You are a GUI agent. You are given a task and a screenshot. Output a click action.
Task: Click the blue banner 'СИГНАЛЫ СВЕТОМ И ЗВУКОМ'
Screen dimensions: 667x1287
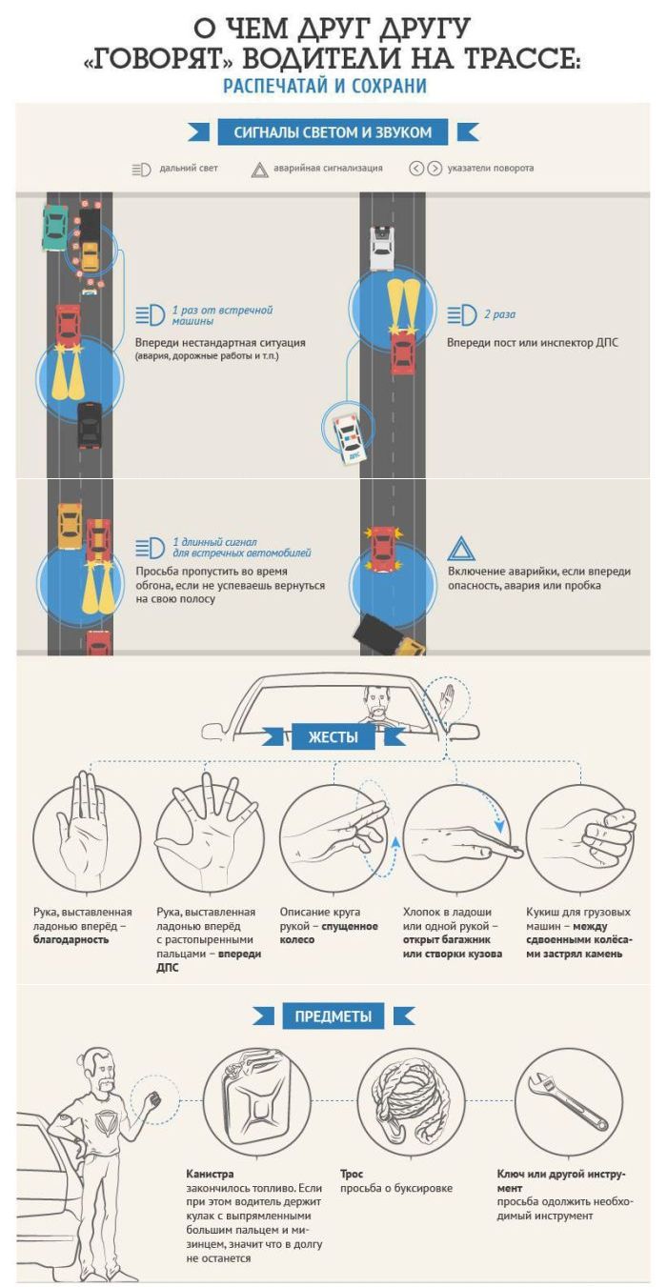pyautogui.click(x=333, y=132)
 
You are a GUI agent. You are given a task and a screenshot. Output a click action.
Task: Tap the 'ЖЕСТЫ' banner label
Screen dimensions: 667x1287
pyautogui.click(x=333, y=736)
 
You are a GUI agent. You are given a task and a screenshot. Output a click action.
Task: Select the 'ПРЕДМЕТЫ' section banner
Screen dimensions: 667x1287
pyautogui.click(x=333, y=1016)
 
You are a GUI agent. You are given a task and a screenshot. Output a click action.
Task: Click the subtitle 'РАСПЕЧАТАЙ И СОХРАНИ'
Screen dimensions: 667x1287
pyautogui.click(x=325, y=86)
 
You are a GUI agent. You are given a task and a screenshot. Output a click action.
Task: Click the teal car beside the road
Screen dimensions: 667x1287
pyautogui.click(x=55, y=228)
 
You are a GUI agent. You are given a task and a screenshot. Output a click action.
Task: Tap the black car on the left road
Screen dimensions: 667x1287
pyautogui.click(x=90, y=425)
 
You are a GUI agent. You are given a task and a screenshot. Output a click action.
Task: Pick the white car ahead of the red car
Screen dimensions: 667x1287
pyautogui.click(x=381, y=248)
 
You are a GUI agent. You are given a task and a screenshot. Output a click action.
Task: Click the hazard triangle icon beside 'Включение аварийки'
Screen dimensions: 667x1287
pyautogui.click(x=461, y=550)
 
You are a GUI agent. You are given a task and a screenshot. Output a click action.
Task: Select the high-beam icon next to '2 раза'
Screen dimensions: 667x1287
pyautogui.click(x=461, y=315)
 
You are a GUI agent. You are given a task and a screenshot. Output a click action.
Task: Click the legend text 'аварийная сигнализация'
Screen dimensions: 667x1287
pyautogui.click(x=328, y=169)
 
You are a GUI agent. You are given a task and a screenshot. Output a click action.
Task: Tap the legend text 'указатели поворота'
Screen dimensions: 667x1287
pyautogui.click(x=491, y=169)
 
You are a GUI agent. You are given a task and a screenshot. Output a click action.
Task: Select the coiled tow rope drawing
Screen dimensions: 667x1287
pyautogui.click(x=410, y=1099)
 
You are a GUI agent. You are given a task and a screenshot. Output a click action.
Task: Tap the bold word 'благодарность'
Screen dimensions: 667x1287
pyautogui.click(x=71, y=940)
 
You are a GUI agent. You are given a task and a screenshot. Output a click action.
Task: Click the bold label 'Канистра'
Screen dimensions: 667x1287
pyautogui.click(x=210, y=1174)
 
